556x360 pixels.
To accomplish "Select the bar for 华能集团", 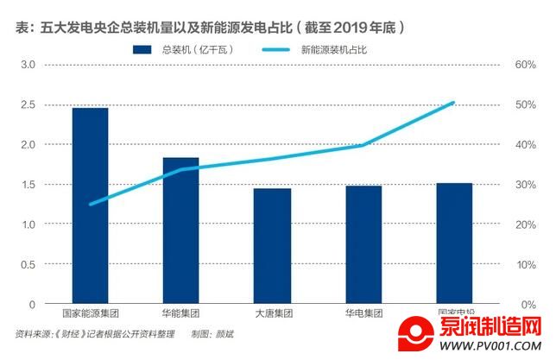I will tap(181, 231).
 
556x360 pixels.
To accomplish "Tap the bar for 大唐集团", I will tap(272, 246).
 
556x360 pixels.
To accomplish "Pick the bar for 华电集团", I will tap(363, 245).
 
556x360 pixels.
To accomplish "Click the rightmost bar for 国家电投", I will tap(454, 243).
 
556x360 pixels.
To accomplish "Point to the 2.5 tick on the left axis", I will tap(28, 104).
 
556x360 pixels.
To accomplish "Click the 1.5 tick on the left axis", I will tap(28, 185).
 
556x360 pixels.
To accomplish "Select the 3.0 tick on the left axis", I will tap(28, 65).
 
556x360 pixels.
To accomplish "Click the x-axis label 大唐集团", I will tap(272, 313).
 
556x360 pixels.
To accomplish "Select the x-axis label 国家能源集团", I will tap(90, 313).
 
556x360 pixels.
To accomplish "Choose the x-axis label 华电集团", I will tap(363, 313).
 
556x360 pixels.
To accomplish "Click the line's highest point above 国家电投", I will tap(454, 103).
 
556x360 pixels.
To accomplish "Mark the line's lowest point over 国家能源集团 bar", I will tap(90, 205).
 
